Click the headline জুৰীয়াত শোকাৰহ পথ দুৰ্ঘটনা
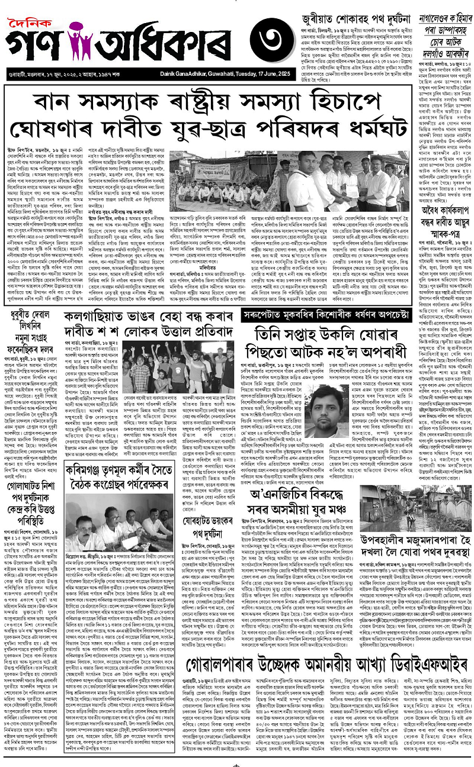click(x=344, y=8)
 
